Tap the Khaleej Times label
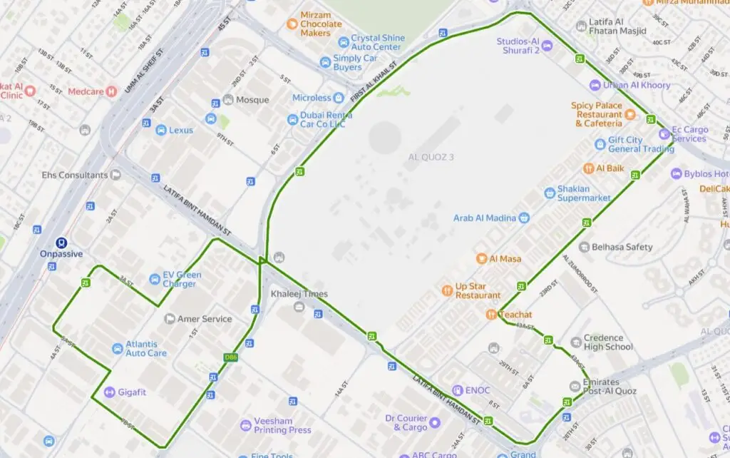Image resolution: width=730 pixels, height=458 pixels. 299,294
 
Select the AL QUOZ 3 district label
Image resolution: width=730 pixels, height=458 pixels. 431,157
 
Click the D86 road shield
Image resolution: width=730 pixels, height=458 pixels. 230,357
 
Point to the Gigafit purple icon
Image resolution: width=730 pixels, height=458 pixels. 109,392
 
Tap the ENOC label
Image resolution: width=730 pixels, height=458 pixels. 478,390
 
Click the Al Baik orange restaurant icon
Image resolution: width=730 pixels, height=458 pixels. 589,168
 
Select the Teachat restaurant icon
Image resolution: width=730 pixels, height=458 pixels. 491,315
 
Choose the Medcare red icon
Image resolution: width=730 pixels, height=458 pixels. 111,91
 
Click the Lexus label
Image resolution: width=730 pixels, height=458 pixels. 180,131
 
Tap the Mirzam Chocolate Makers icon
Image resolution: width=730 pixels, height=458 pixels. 291,24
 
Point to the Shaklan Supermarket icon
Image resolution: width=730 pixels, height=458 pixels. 549,193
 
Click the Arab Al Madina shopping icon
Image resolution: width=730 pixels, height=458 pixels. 524,218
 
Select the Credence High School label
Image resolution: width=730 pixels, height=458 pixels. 608,342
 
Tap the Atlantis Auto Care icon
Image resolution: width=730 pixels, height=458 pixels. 117,348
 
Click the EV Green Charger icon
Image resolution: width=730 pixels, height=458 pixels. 155,279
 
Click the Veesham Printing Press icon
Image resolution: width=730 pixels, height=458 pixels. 246,425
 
